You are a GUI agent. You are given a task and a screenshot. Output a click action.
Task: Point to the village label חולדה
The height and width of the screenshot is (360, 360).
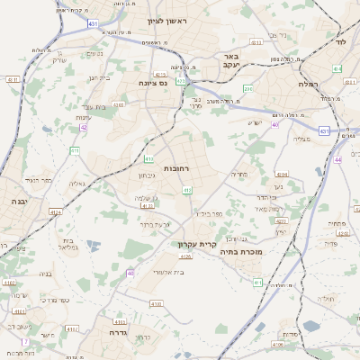[326, 298]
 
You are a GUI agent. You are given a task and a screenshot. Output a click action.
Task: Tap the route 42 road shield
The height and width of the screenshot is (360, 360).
[83, 128]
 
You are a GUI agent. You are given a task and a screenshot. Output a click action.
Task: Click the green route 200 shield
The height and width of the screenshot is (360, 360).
[247, 87]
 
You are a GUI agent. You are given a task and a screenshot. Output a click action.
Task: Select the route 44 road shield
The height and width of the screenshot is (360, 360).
[337, 158]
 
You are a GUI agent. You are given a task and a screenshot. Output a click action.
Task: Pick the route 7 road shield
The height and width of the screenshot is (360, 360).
[24, 342]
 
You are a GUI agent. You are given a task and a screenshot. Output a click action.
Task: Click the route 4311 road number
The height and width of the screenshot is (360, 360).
[256, 42]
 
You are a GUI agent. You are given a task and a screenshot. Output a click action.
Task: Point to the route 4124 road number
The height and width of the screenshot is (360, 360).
[56, 212]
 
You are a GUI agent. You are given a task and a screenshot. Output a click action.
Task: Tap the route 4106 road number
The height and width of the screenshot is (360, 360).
[156, 304]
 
